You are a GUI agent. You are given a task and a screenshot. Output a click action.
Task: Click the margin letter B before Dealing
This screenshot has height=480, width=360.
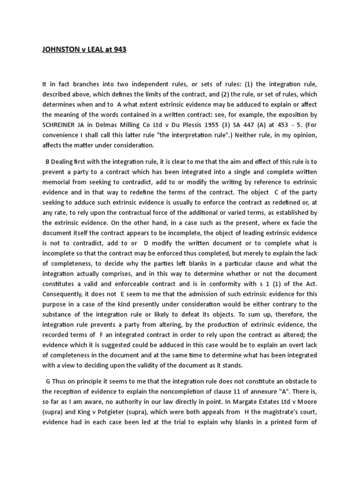tap(47, 162)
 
